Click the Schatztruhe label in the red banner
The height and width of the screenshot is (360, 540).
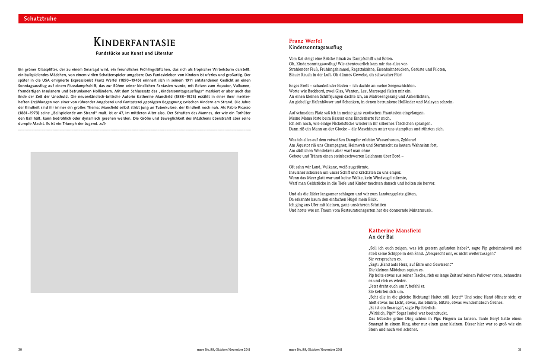point(40,19)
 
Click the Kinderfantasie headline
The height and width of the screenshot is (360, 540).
point(134,42)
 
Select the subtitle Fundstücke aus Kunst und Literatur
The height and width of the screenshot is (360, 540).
point(134,53)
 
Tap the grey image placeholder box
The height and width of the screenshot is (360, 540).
point(134,222)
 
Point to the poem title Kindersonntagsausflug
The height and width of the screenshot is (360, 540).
point(315,48)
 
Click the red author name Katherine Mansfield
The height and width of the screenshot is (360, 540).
point(394,231)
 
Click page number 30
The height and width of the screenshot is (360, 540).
point(20,349)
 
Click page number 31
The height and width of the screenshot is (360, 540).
point(520,349)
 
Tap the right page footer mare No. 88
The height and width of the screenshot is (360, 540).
point(316,349)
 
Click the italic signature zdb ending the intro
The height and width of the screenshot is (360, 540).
point(102,124)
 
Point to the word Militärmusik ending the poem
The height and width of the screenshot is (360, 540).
point(419,210)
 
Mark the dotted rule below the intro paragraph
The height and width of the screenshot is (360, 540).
point(134,130)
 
